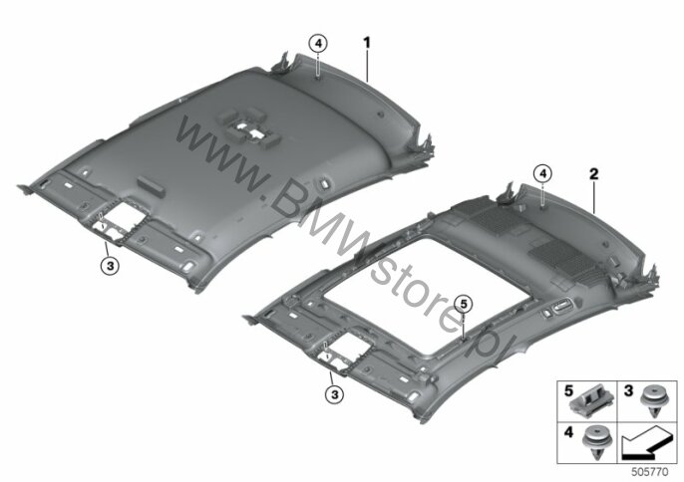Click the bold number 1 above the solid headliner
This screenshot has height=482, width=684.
(x=367, y=43)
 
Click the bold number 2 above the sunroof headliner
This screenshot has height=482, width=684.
(x=593, y=174)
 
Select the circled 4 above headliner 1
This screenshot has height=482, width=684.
(x=318, y=44)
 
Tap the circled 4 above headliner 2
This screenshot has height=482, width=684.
(x=542, y=174)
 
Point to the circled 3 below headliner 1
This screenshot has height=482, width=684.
(x=110, y=266)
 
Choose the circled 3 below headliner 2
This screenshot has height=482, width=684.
(x=335, y=394)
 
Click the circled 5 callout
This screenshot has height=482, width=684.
(x=464, y=304)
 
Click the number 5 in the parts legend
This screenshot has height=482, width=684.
(x=568, y=391)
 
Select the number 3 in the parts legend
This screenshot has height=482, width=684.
(x=628, y=391)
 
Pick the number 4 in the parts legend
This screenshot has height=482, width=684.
(x=568, y=432)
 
